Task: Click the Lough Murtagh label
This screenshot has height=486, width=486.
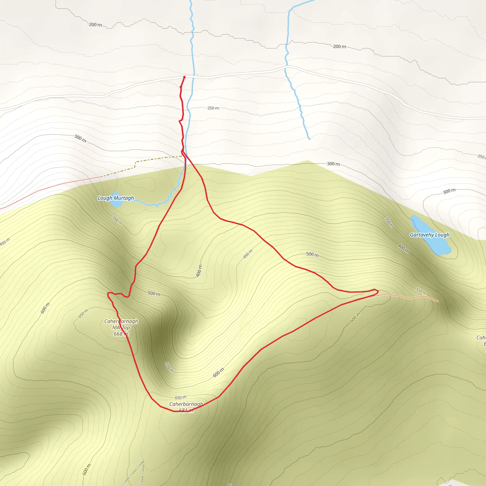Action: coord(116,198)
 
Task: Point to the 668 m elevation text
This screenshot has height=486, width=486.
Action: coord(121,334)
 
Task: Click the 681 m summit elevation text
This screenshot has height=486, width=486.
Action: coord(186,410)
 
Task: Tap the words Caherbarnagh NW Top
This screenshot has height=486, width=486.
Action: coord(121,324)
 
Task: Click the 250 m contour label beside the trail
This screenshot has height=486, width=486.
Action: coord(213,108)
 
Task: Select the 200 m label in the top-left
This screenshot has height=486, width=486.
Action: coord(95,25)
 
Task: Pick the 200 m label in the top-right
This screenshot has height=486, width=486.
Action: coord(339,47)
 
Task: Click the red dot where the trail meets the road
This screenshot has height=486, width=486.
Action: coord(184,77)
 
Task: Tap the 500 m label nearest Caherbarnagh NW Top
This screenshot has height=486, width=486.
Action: coord(154,294)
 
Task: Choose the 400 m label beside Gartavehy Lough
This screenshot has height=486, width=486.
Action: coord(403,248)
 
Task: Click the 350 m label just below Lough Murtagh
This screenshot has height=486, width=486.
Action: coord(117,220)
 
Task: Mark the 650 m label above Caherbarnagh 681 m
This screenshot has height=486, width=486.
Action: coord(181,397)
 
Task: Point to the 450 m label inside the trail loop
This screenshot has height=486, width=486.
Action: coord(248,254)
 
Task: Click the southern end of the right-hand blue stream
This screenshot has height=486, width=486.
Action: coord(309,139)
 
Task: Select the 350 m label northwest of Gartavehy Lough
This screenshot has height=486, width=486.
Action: coord(389,222)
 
